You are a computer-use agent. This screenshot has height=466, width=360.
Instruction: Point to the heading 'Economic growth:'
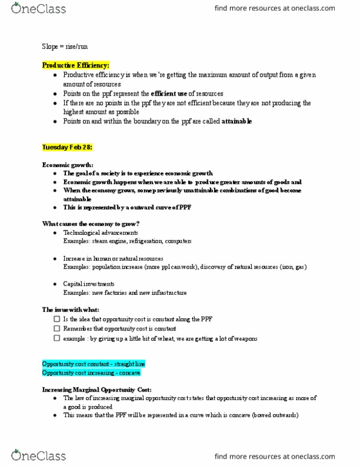point(68,165)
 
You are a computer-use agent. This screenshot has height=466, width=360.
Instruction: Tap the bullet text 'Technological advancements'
point(100,232)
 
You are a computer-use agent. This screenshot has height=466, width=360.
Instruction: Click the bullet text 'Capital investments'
point(89,284)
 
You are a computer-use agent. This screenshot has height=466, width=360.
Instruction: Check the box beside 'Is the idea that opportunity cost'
point(57,319)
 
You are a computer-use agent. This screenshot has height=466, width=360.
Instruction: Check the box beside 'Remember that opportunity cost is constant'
point(57,329)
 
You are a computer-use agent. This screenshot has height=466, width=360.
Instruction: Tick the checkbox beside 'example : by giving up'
point(57,339)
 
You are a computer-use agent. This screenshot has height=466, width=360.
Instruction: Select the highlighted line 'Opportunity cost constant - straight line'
point(93,364)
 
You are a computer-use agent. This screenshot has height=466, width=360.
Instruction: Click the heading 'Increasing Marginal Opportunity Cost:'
point(97,389)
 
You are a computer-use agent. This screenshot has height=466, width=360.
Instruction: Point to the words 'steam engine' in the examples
point(107,241)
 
